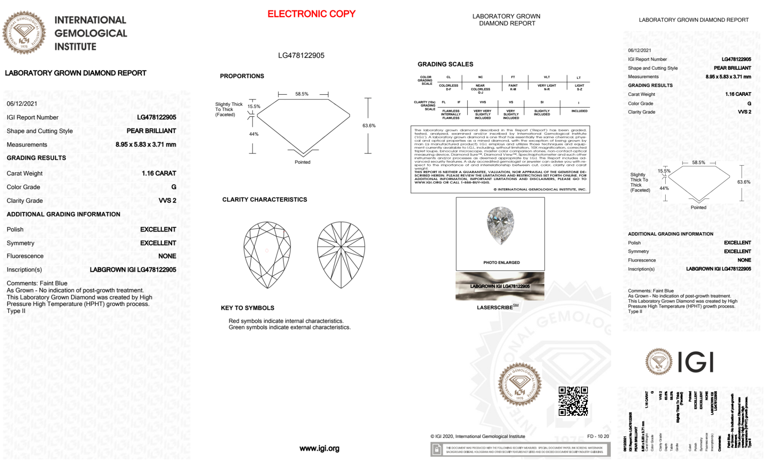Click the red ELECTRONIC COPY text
click(311, 14)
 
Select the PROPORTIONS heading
click(242, 76)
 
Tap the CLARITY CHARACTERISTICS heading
click(265, 200)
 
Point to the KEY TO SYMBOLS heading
click(247, 308)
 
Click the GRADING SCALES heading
click(445, 64)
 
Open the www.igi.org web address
click(319, 448)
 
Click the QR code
click(573, 401)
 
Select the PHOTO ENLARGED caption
click(501, 263)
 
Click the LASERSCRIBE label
click(495, 308)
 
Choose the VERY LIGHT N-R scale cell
click(547, 87)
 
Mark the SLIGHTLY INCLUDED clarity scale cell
click(542, 113)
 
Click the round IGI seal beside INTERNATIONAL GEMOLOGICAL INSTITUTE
click(24, 32)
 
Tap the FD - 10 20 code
click(598, 436)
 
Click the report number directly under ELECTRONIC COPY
click(301, 55)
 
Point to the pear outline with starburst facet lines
click(341, 255)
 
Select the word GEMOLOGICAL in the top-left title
click(91, 33)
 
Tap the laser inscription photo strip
click(500, 286)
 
